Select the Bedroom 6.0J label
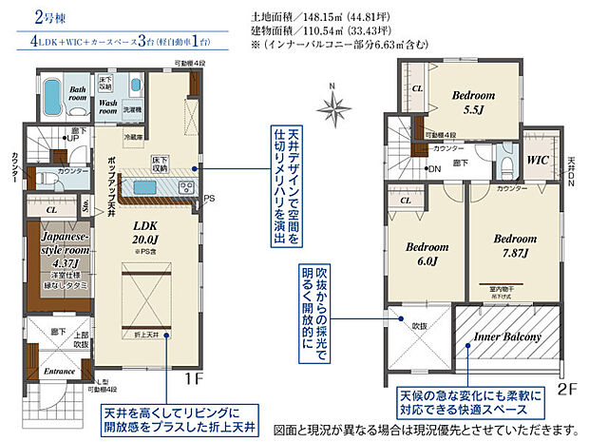pos(420,253)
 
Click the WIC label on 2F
pos(538,161)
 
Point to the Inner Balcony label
pos(508,337)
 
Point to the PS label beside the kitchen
pos(211,199)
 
